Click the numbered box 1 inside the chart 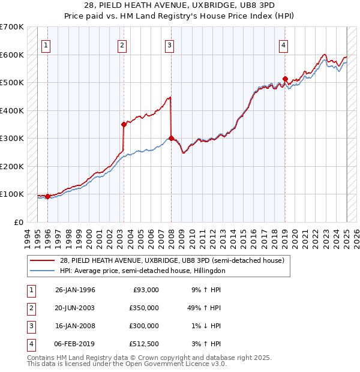pos(46,44)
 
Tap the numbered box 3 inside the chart pos(170,44)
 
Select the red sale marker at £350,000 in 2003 pos(124,124)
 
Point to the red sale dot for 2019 pos(285,79)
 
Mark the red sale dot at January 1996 pos(47,196)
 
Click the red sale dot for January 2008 pos(171,138)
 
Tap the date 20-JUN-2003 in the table pos(75,307)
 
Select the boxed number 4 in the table pos(29,344)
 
